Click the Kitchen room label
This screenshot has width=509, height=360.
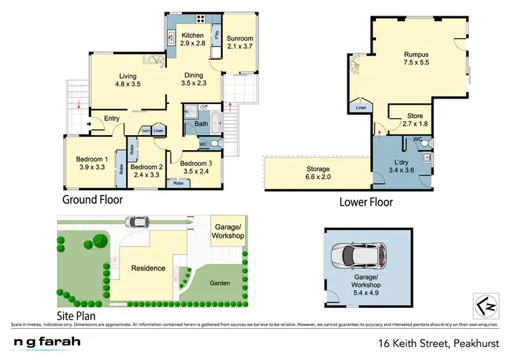coord(192,35)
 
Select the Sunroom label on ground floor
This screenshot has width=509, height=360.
coord(240,39)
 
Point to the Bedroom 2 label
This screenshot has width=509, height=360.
coord(147,167)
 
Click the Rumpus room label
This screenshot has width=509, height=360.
coord(416,54)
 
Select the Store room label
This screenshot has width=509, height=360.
coord(415,116)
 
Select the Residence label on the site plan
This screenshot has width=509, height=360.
coord(148,268)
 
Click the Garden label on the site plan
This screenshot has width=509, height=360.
coord(219,283)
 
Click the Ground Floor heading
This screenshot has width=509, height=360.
coord(92,200)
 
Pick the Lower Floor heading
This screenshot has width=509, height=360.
coord(366,202)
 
